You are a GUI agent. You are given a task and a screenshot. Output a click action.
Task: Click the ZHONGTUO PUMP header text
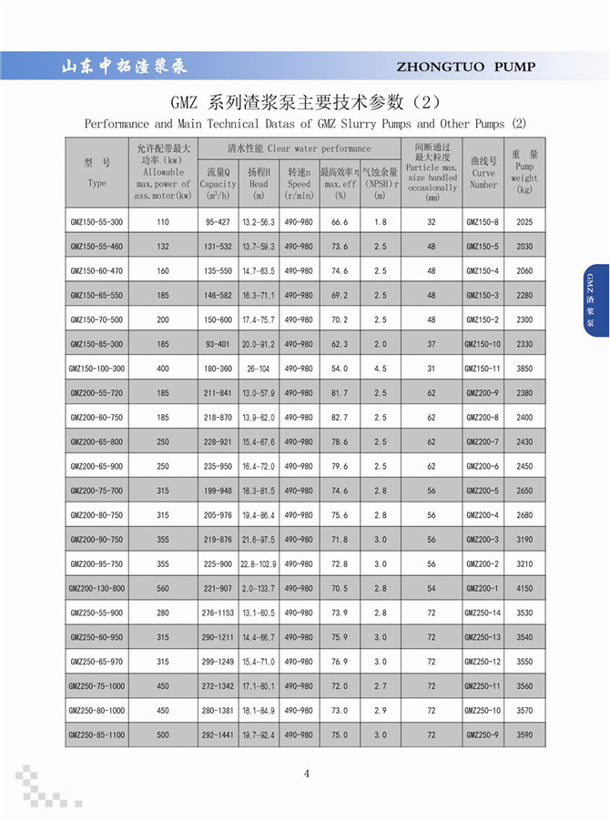coord(466,66)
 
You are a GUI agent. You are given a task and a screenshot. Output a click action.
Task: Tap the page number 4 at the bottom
coord(307,774)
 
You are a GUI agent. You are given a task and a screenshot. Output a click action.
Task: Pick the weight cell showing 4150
coord(524,588)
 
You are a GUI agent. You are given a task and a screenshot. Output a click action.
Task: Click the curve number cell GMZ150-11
coord(483,369)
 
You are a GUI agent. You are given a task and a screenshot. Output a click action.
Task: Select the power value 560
coord(163,588)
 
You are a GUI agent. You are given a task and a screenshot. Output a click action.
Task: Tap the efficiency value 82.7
coord(340,417)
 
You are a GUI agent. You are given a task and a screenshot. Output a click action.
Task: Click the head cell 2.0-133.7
coord(259,588)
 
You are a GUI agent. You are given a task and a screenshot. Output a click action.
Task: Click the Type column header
coord(97,172)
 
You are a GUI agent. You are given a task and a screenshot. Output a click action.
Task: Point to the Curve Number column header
coord(483,172)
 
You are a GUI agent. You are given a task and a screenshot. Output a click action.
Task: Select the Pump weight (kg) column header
coord(524,172)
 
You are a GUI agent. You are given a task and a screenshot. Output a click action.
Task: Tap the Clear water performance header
coord(299,148)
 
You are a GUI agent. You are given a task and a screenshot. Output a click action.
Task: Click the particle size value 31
coord(432,369)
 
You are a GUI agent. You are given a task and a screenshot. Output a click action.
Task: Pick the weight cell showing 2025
coord(524,222)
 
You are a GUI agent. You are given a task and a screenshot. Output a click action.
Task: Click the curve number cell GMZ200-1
coord(483,588)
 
